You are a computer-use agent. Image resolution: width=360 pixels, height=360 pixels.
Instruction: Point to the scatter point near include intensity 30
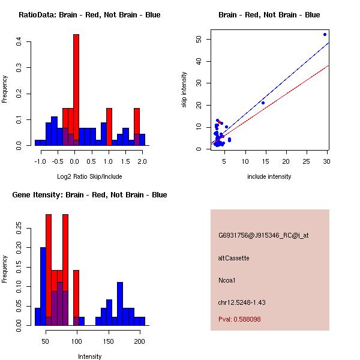(325, 34)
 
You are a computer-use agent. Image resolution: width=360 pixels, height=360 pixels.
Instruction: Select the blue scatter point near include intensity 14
(263, 103)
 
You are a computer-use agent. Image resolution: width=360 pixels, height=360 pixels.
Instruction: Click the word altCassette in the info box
(233, 258)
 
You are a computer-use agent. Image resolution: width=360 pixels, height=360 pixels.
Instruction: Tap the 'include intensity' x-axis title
(269, 176)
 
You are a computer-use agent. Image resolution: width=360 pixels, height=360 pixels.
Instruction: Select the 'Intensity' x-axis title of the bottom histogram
(89, 356)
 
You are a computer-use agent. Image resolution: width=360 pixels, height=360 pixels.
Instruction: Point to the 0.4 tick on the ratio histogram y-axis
(19, 41)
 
